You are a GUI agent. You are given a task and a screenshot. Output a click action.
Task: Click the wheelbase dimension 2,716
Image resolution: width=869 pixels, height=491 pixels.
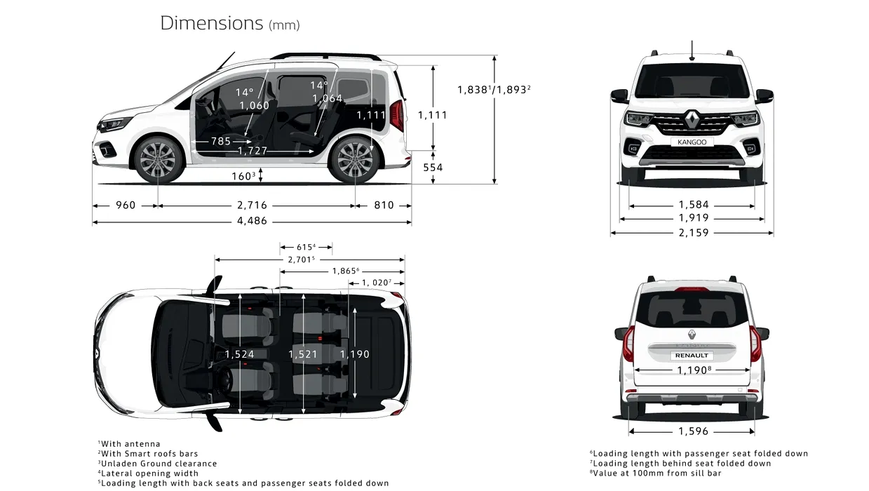(252, 205)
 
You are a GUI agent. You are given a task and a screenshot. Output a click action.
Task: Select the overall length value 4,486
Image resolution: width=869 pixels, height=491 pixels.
(252, 221)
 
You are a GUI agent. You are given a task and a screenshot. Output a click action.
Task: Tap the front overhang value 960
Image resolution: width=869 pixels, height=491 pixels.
(126, 205)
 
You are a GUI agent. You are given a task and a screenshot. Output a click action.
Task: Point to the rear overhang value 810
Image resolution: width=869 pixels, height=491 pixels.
(384, 205)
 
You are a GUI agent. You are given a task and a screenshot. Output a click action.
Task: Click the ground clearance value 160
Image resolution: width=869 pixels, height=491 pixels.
(242, 177)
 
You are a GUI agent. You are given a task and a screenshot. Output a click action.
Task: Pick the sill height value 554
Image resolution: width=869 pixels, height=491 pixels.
(433, 168)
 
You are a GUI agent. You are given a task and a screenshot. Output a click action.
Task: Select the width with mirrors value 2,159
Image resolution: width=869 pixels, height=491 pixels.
(694, 233)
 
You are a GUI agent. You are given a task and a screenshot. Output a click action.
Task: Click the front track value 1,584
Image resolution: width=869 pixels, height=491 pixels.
(694, 204)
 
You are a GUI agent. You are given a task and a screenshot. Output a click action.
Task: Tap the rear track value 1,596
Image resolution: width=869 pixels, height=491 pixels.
(693, 431)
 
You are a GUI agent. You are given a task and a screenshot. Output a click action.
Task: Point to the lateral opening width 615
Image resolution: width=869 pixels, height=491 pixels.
(304, 247)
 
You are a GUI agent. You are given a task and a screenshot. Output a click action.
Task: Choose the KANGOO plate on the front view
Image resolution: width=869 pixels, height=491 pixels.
(692, 142)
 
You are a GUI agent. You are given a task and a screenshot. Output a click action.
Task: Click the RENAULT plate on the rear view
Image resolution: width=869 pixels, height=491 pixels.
(692, 355)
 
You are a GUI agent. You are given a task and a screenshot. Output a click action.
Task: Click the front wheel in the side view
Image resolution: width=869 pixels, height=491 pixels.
(158, 159)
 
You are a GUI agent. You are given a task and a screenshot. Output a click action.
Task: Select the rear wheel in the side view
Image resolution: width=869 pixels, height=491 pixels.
(355, 159)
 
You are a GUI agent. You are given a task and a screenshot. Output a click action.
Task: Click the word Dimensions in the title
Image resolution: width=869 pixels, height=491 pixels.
(212, 23)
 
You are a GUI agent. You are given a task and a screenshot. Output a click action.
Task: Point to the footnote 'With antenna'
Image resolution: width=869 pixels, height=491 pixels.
(129, 444)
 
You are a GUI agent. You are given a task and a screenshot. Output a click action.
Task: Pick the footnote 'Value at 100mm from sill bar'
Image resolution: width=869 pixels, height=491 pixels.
(656, 473)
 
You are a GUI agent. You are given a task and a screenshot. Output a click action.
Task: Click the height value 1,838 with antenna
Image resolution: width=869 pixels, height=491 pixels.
(473, 90)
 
